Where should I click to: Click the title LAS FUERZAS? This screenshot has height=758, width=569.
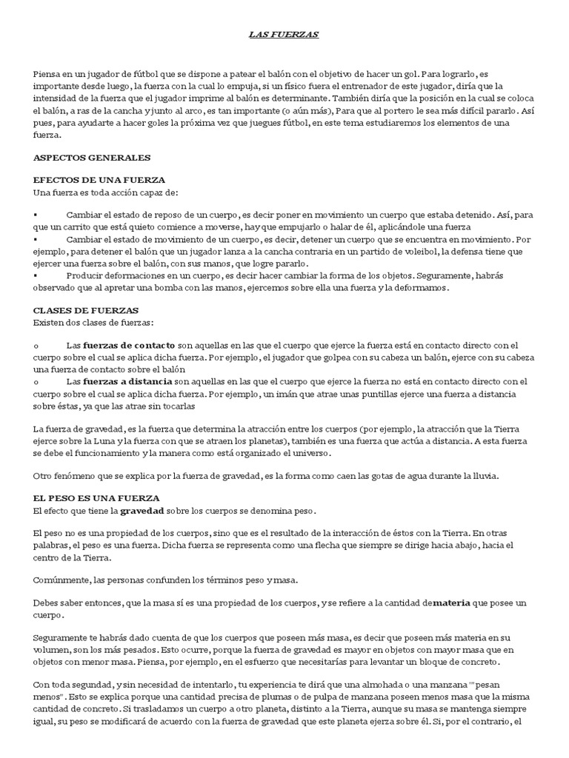pyautogui.click(x=284, y=35)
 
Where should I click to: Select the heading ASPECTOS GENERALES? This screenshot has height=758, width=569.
pyautogui.click(x=93, y=158)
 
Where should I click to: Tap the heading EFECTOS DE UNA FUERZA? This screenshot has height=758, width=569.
pyautogui.click(x=100, y=180)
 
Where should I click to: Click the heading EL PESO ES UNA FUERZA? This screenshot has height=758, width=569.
pyautogui.click(x=97, y=498)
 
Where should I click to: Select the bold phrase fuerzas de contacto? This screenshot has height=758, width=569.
pyautogui.click(x=129, y=345)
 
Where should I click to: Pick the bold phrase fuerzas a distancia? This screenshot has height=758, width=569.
pyautogui.click(x=127, y=381)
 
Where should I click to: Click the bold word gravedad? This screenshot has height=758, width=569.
pyautogui.click(x=144, y=511)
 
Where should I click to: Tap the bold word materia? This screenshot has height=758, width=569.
pyautogui.click(x=451, y=603)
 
